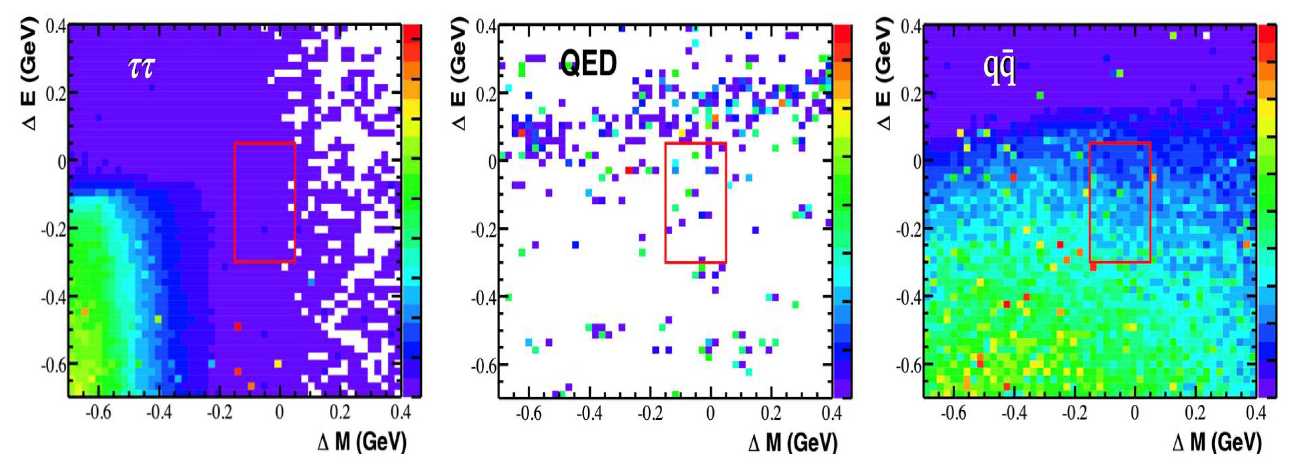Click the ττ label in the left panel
141,68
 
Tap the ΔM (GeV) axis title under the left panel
362,442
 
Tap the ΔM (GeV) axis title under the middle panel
792,442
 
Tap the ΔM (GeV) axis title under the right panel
1216,442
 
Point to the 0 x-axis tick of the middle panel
710,413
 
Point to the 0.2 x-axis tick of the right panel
1195,413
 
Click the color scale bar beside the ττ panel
412,211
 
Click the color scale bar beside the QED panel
842,211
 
